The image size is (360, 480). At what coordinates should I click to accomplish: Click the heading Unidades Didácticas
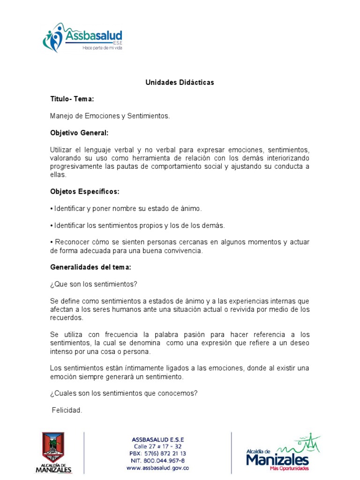(x=180, y=82)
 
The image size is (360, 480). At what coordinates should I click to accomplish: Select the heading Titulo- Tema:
(x=72, y=99)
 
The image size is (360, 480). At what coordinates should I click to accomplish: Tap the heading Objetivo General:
(x=79, y=133)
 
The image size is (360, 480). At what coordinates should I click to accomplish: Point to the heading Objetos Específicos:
(x=85, y=191)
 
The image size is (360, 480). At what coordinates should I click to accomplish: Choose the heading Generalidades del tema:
(x=90, y=267)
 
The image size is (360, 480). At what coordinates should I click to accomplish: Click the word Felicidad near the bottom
(x=67, y=410)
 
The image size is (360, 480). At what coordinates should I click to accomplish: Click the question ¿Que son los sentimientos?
(x=93, y=284)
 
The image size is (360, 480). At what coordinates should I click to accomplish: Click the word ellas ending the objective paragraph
(x=59, y=175)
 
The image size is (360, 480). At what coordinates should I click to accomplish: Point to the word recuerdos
(x=67, y=318)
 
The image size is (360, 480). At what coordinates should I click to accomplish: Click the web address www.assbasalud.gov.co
(x=157, y=468)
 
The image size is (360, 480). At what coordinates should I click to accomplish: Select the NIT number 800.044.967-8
(x=158, y=461)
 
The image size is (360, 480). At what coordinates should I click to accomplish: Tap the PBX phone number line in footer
(x=157, y=454)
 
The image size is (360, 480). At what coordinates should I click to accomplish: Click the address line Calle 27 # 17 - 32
(x=157, y=447)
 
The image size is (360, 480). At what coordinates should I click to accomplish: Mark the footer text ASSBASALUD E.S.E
(x=158, y=439)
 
